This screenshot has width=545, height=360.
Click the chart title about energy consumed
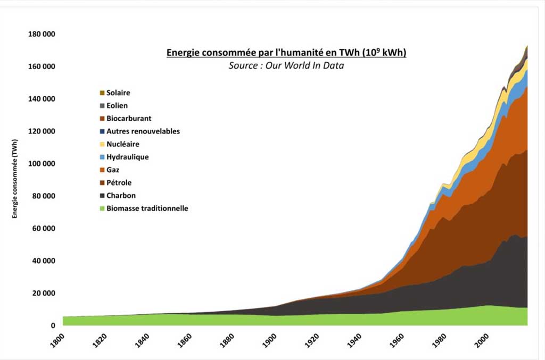click(286, 52)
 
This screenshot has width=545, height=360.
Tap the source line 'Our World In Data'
click(286, 65)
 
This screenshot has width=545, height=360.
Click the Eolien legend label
click(117, 105)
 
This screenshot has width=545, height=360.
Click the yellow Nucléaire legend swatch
click(102, 144)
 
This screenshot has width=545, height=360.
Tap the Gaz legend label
click(113, 170)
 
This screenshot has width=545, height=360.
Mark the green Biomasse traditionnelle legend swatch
click(102, 208)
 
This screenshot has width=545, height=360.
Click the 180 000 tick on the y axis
click(42, 34)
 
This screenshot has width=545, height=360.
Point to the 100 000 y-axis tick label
click(42, 163)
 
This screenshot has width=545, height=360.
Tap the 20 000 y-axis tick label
click(44, 293)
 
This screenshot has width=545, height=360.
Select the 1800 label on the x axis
click(57, 340)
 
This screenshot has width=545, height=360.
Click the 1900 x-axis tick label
click(269, 340)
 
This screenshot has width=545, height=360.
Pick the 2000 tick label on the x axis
click(482, 340)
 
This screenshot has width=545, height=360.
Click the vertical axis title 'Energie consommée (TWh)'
click(14, 179)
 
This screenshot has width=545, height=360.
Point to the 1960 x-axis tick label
click(397, 340)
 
